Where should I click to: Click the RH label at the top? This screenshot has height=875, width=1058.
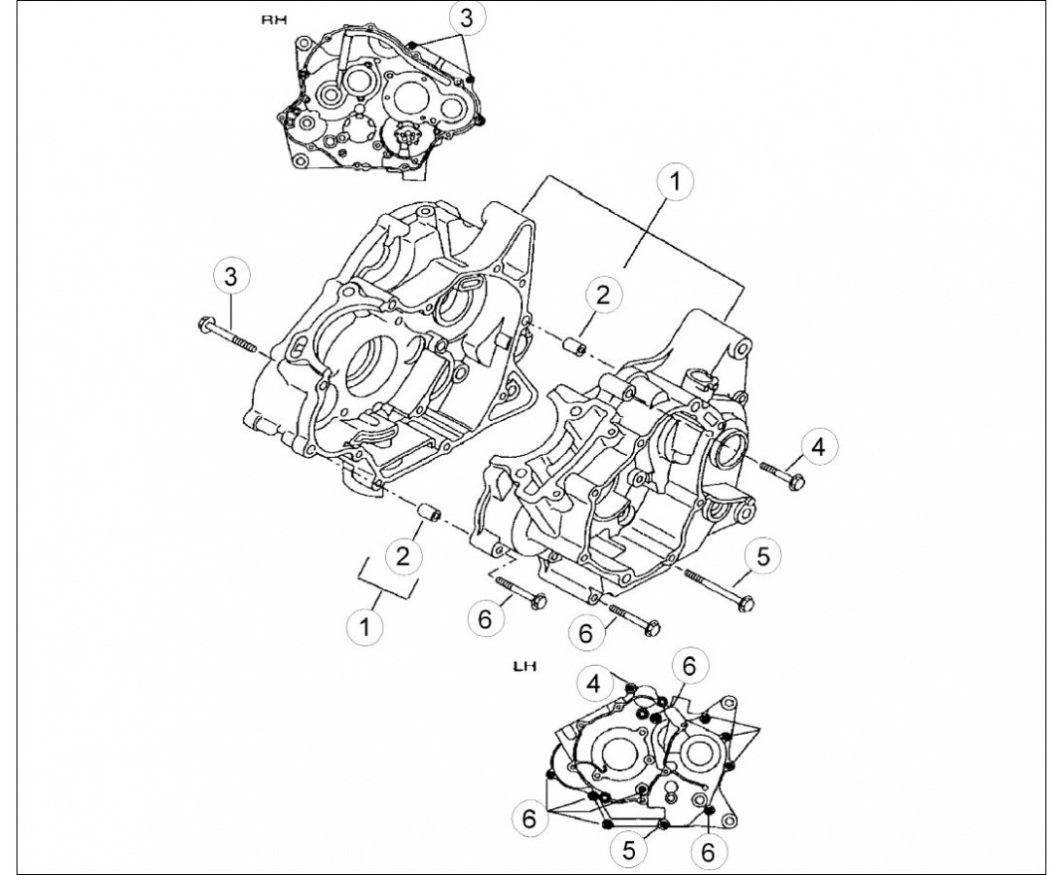coord(274,19)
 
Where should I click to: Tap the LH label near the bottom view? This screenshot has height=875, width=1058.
coord(524,667)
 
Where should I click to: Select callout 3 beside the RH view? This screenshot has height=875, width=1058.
coord(467,18)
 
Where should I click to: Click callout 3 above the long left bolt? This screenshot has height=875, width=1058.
coord(231,276)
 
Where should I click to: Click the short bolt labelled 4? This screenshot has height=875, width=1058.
coord(782,474)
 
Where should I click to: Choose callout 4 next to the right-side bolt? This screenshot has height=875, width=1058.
coord(818,446)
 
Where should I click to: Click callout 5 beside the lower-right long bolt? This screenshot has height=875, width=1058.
coord(762,556)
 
